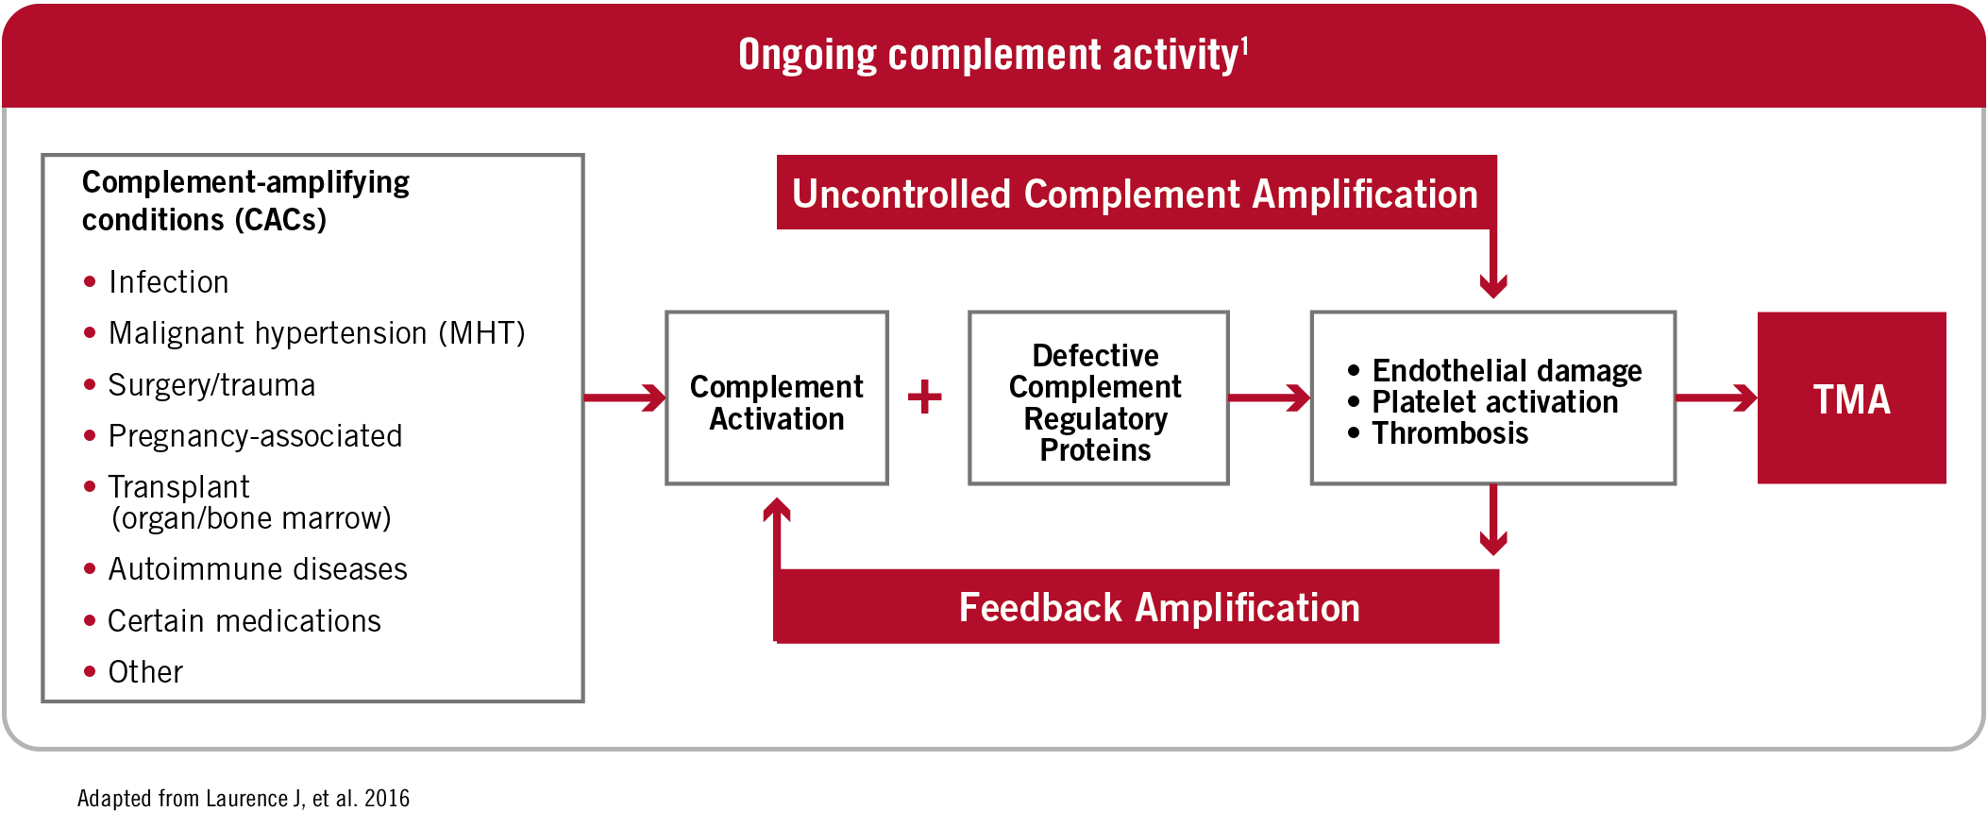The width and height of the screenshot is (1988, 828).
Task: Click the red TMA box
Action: click(x=1850, y=398)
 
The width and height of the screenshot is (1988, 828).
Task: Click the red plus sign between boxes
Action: click(x=925, y=397)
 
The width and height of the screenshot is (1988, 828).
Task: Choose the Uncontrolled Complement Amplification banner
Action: click(x=1135, y=194)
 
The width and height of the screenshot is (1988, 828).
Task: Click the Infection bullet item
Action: click(x=168, y=282)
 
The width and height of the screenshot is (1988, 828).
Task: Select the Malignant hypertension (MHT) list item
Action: click(x=316, y=333)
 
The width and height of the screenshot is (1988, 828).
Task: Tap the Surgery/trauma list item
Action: click(x=211, y=385)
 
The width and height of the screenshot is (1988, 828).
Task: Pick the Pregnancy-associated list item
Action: click(x=255, y=436)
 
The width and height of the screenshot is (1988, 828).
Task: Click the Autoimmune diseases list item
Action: click(x=258, y=569)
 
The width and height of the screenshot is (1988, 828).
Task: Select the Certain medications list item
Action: click(x=244, y=621)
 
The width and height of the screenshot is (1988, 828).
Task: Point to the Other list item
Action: click(x=145, y=672)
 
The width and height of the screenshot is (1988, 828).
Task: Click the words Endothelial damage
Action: click(x=1507, y=371)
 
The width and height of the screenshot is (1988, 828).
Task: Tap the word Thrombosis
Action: click(x=1450, y=433)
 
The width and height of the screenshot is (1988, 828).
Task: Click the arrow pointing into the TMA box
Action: click(x=1716, y=397)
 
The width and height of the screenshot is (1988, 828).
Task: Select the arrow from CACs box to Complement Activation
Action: click(x=625, y=397)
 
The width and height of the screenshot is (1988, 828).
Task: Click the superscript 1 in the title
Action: click(x=1244, y=45)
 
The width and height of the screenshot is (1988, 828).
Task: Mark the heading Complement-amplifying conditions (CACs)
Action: click(x=245, y=200)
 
